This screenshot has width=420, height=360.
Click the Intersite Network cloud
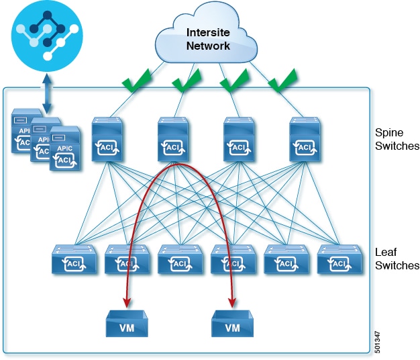tap(207, 34)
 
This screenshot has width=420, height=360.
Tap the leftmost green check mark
tap(136, 81)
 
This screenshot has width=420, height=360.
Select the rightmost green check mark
tap(282, 81)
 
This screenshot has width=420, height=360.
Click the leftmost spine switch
tap(107, 140)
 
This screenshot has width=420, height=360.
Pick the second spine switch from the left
tap(173, 140)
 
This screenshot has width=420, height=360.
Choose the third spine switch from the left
tap(239, 140)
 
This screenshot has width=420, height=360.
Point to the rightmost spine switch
tap(305, 140)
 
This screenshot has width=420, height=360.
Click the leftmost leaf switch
tap(74, 259)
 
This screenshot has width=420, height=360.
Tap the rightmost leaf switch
tap(339, 259)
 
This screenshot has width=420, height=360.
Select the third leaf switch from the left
tap(180, 259)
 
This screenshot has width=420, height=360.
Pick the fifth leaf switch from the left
tap(286, 259)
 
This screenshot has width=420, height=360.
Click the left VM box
tap(127, 324)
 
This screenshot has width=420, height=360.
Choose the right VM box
tap(233, 324)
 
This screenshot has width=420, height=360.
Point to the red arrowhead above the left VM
tap(127, 303)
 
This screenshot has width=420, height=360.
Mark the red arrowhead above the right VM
tap(233, 303)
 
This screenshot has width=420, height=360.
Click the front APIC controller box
tap(65, 148)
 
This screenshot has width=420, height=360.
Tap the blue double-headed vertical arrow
tap(47, 93)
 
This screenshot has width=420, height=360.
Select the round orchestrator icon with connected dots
tap(47, 36)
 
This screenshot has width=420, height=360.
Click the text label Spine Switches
tap(397, 140)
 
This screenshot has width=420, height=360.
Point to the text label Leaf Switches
tap(397, 259)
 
